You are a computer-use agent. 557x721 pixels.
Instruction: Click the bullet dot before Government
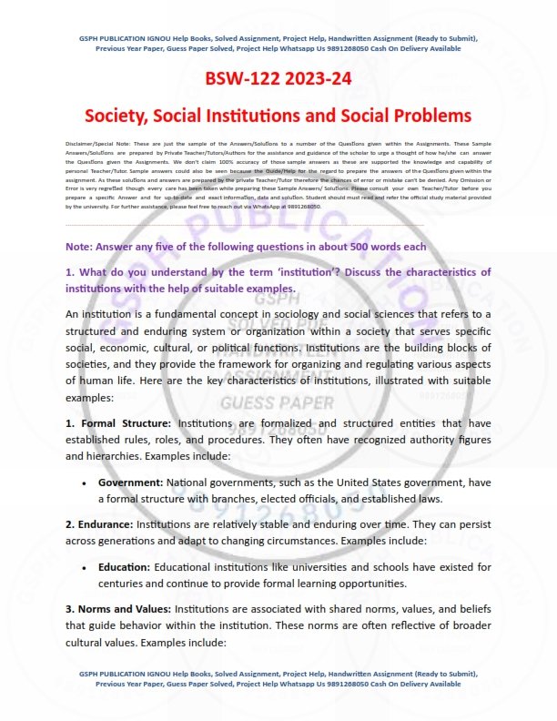pos(84,482)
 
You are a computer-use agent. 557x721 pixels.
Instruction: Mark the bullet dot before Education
pos(84,567)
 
